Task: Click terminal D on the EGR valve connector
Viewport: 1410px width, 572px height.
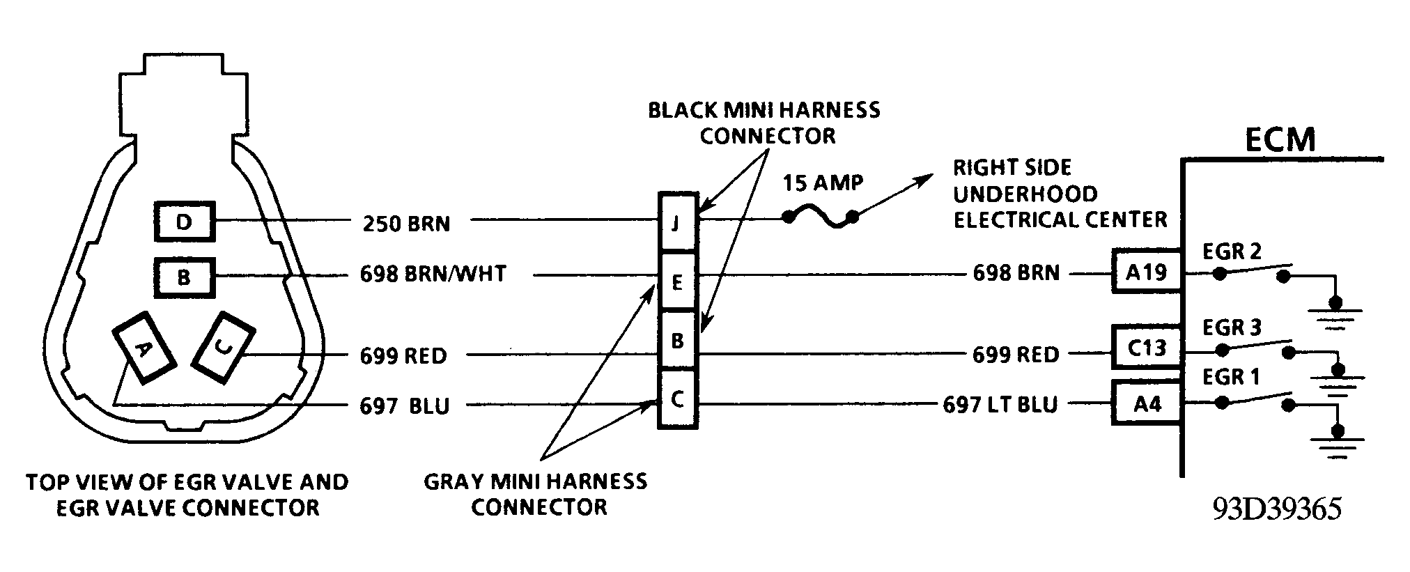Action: [x=184, y=222]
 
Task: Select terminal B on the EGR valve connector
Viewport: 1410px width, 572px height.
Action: [x=184, y=277]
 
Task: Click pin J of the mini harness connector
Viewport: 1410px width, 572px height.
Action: [x=677, y=224]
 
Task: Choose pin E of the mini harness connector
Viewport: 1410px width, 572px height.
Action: [x=677, y=282]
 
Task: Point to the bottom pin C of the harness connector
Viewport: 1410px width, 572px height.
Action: [x=677, y=400]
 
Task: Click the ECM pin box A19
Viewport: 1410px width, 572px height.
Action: [x=1147, y=271]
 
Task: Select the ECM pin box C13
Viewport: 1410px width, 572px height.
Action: [x=1147, y=348]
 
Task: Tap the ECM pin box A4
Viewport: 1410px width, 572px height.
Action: [x=1147, y=403]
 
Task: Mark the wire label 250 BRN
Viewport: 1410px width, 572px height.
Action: [x=406, y=224]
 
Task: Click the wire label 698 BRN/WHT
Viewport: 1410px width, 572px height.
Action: [x=433, y=274]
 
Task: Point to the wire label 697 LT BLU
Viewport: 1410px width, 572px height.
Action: [x=1000, y=404]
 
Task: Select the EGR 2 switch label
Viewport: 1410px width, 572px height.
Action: [x=1232, y=252]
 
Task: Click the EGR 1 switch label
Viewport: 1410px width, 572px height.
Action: [x=1232, y=377]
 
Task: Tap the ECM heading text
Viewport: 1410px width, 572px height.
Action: [x=1280, y=140]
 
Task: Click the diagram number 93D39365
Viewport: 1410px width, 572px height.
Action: [x=1277, y=509]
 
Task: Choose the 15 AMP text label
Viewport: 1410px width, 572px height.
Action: [x=823, y=183]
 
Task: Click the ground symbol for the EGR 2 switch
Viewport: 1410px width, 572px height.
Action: [x=1335, y=310]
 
